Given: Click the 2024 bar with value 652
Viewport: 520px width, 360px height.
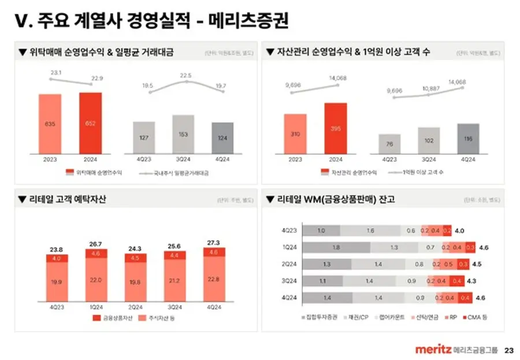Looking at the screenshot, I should click(x=90, y=123).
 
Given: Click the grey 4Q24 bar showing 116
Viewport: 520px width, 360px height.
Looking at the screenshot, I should click(x=468, y=139).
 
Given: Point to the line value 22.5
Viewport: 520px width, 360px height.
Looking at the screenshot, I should click(x=185, y=75).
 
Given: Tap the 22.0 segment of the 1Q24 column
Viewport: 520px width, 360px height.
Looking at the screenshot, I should click(x=95, y=280).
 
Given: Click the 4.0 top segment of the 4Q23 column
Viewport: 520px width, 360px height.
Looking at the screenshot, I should click(x=57, y=258).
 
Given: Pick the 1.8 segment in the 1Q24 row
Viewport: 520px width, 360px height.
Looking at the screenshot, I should click(x=336, y=247).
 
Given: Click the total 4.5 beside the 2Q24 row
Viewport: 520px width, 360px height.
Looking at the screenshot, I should click(x=477, y=264).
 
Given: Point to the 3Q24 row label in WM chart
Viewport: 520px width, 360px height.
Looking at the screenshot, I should click(x=289, y=281).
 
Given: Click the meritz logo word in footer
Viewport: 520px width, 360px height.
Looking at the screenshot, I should click(x=433, y=350).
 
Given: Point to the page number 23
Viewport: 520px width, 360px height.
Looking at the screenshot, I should click(x=508, y=350).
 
